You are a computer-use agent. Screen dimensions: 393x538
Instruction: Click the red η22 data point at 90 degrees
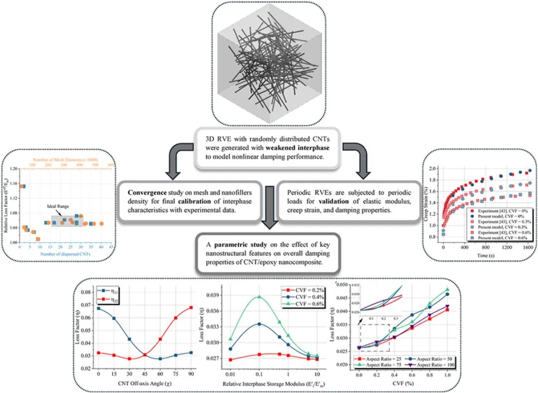[x=191, y=307]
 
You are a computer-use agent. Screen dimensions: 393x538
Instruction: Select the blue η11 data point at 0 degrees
[x=99, y=309]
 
